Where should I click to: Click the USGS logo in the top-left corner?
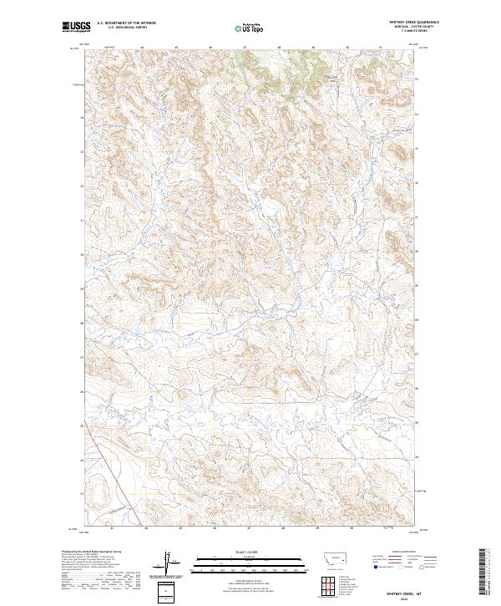click(76, 28)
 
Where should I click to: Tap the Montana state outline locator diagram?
click(331, 557)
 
